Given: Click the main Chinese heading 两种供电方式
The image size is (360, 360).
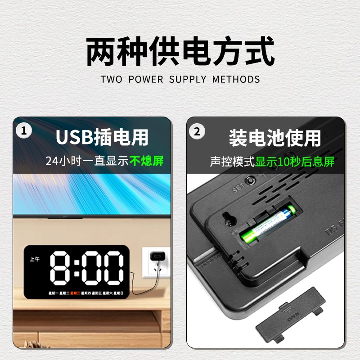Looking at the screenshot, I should coord(180,52).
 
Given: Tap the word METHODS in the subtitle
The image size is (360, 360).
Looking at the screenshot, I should coord(236,80).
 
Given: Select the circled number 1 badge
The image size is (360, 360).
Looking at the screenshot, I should coord(24,131).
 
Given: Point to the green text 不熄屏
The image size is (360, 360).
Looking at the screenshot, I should coord(147,161).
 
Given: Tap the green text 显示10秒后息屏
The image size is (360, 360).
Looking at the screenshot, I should coord(295,162).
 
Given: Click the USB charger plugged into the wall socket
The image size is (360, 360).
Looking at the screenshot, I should coord(157,256).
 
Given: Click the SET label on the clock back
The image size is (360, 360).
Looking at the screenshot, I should coord(238,189).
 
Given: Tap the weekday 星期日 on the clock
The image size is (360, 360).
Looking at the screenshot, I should coord(118,293).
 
